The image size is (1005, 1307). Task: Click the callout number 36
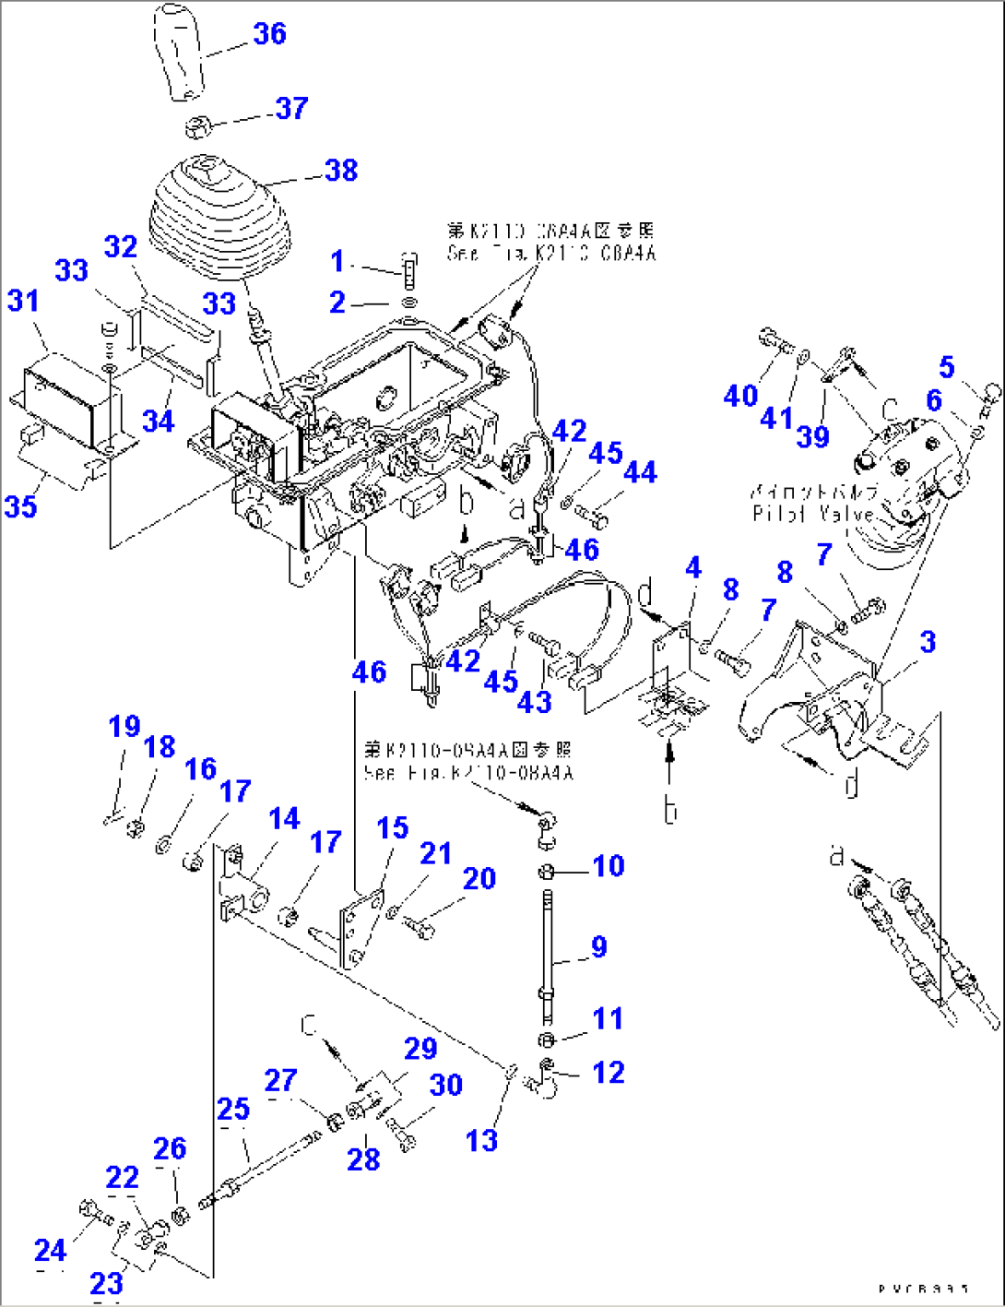[x=269, y=34]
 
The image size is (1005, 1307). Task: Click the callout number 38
[x=340, y=170]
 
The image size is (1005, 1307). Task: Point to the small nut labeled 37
[x=199, y=125]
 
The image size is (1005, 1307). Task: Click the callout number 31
[x=24, y=301]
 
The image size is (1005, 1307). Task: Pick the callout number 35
[x=20, y=505]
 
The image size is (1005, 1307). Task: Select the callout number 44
[x=640, y=471]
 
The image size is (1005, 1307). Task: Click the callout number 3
[x=928, y=642]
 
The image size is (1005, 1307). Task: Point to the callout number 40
[x=740, y=397]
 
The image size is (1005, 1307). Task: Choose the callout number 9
[x=598, y=946]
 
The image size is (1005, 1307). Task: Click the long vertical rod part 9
[x=549, y=950]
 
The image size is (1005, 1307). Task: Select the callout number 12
[x=608, y=1072]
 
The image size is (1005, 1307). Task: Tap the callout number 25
[x=233, y=1109]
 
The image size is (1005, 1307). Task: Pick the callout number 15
[x=392, y=827]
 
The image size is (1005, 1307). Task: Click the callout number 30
[x=446, y=1085]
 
